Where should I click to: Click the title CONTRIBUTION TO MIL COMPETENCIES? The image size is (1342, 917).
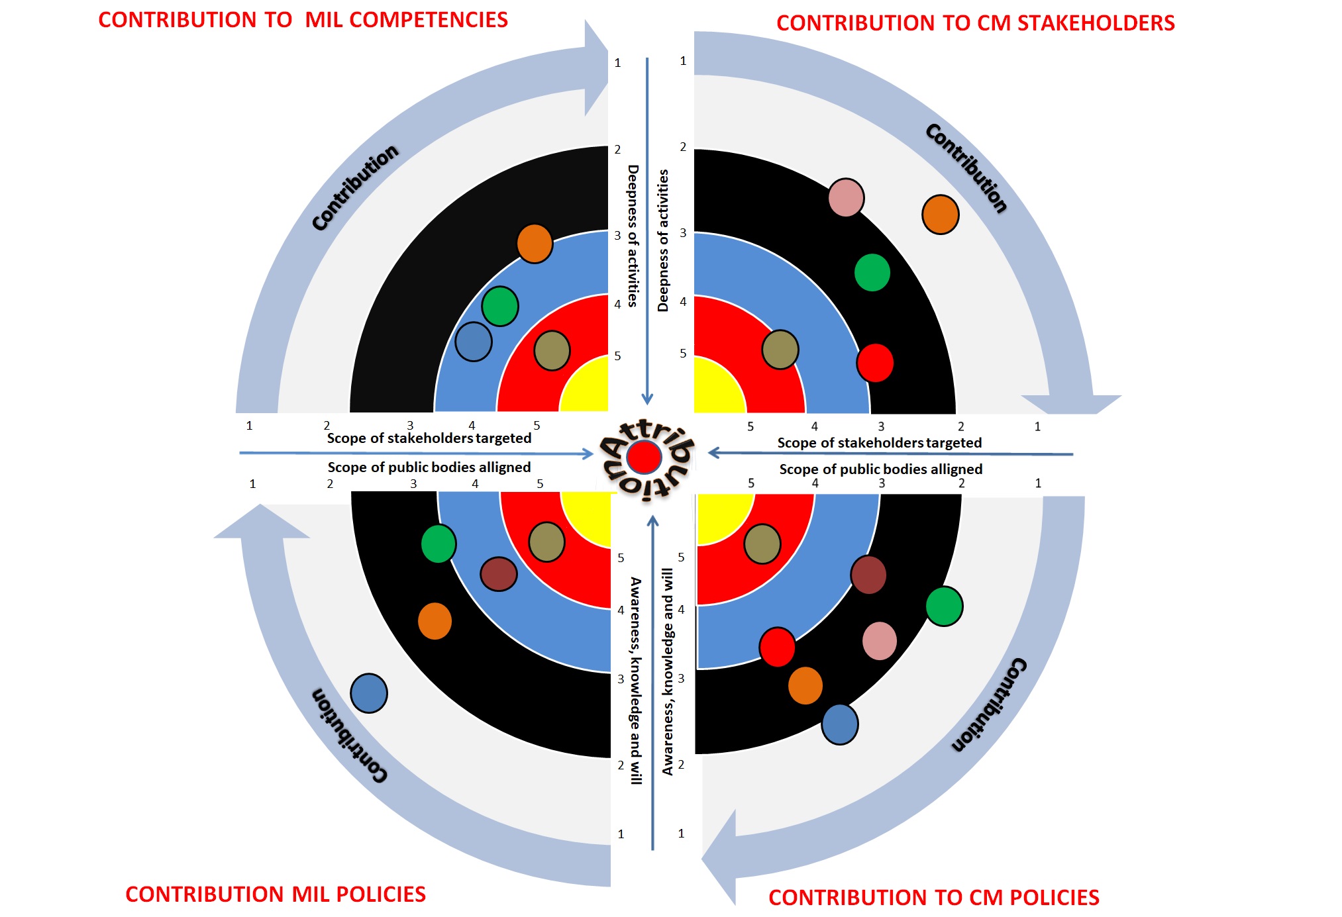point(303,20)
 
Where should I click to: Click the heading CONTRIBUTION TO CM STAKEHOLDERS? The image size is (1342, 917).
point(975,23)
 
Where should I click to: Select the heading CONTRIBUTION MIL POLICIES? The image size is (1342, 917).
point(275,894)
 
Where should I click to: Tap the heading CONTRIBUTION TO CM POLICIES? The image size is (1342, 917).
point(933,898)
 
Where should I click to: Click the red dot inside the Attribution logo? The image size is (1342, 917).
point(644,457)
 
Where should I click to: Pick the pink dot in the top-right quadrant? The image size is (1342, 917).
point(846,197)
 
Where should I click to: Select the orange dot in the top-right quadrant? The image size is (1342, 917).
point(940,215)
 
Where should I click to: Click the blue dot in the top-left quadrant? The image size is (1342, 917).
point(474,342)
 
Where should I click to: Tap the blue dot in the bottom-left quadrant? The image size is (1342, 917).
point(369,693)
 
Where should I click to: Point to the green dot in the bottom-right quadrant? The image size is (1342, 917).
point(944,606)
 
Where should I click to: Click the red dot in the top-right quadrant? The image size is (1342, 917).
point(875,363)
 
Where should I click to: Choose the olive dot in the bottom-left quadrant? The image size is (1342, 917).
point(546,542)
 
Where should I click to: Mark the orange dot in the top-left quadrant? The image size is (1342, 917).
point(535,244)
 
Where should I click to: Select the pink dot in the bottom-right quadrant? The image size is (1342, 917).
point(880,641)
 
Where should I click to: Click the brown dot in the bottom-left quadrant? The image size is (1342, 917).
point(498,573)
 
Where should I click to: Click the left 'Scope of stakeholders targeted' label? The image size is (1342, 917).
point(429,438)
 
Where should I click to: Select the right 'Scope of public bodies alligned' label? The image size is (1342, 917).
point(880,469)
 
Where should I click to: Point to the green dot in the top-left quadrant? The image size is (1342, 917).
point(499,306)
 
